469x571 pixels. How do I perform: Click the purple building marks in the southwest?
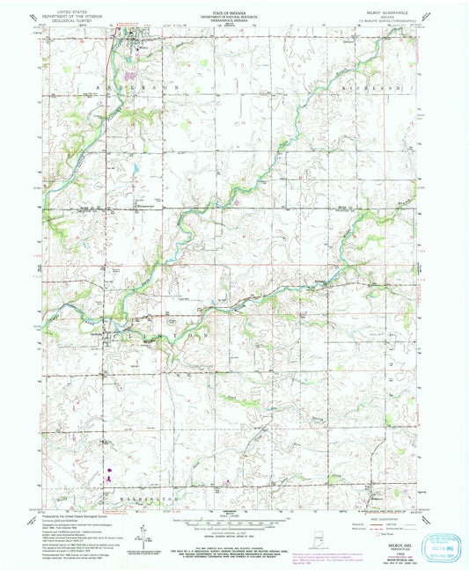[108, 475]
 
